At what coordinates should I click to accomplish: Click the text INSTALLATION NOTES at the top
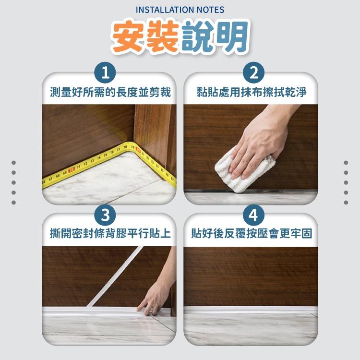(180, 10)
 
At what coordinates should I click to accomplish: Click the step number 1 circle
(109, 73)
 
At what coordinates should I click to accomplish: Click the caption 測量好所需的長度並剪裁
(110, 93)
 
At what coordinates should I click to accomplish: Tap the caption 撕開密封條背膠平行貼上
(110, 234)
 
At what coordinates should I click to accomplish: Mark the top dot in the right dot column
(346, 163)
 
